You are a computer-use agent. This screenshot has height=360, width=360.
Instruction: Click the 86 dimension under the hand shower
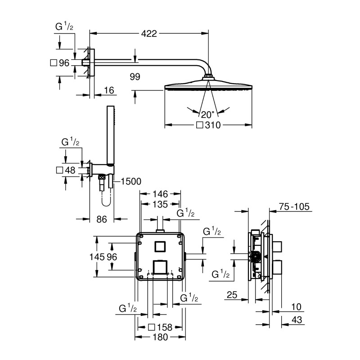[x=102, y=220]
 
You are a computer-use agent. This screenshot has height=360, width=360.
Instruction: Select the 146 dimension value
[x=161, y=194]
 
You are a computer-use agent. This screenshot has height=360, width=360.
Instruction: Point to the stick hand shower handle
[x=110, y=135]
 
